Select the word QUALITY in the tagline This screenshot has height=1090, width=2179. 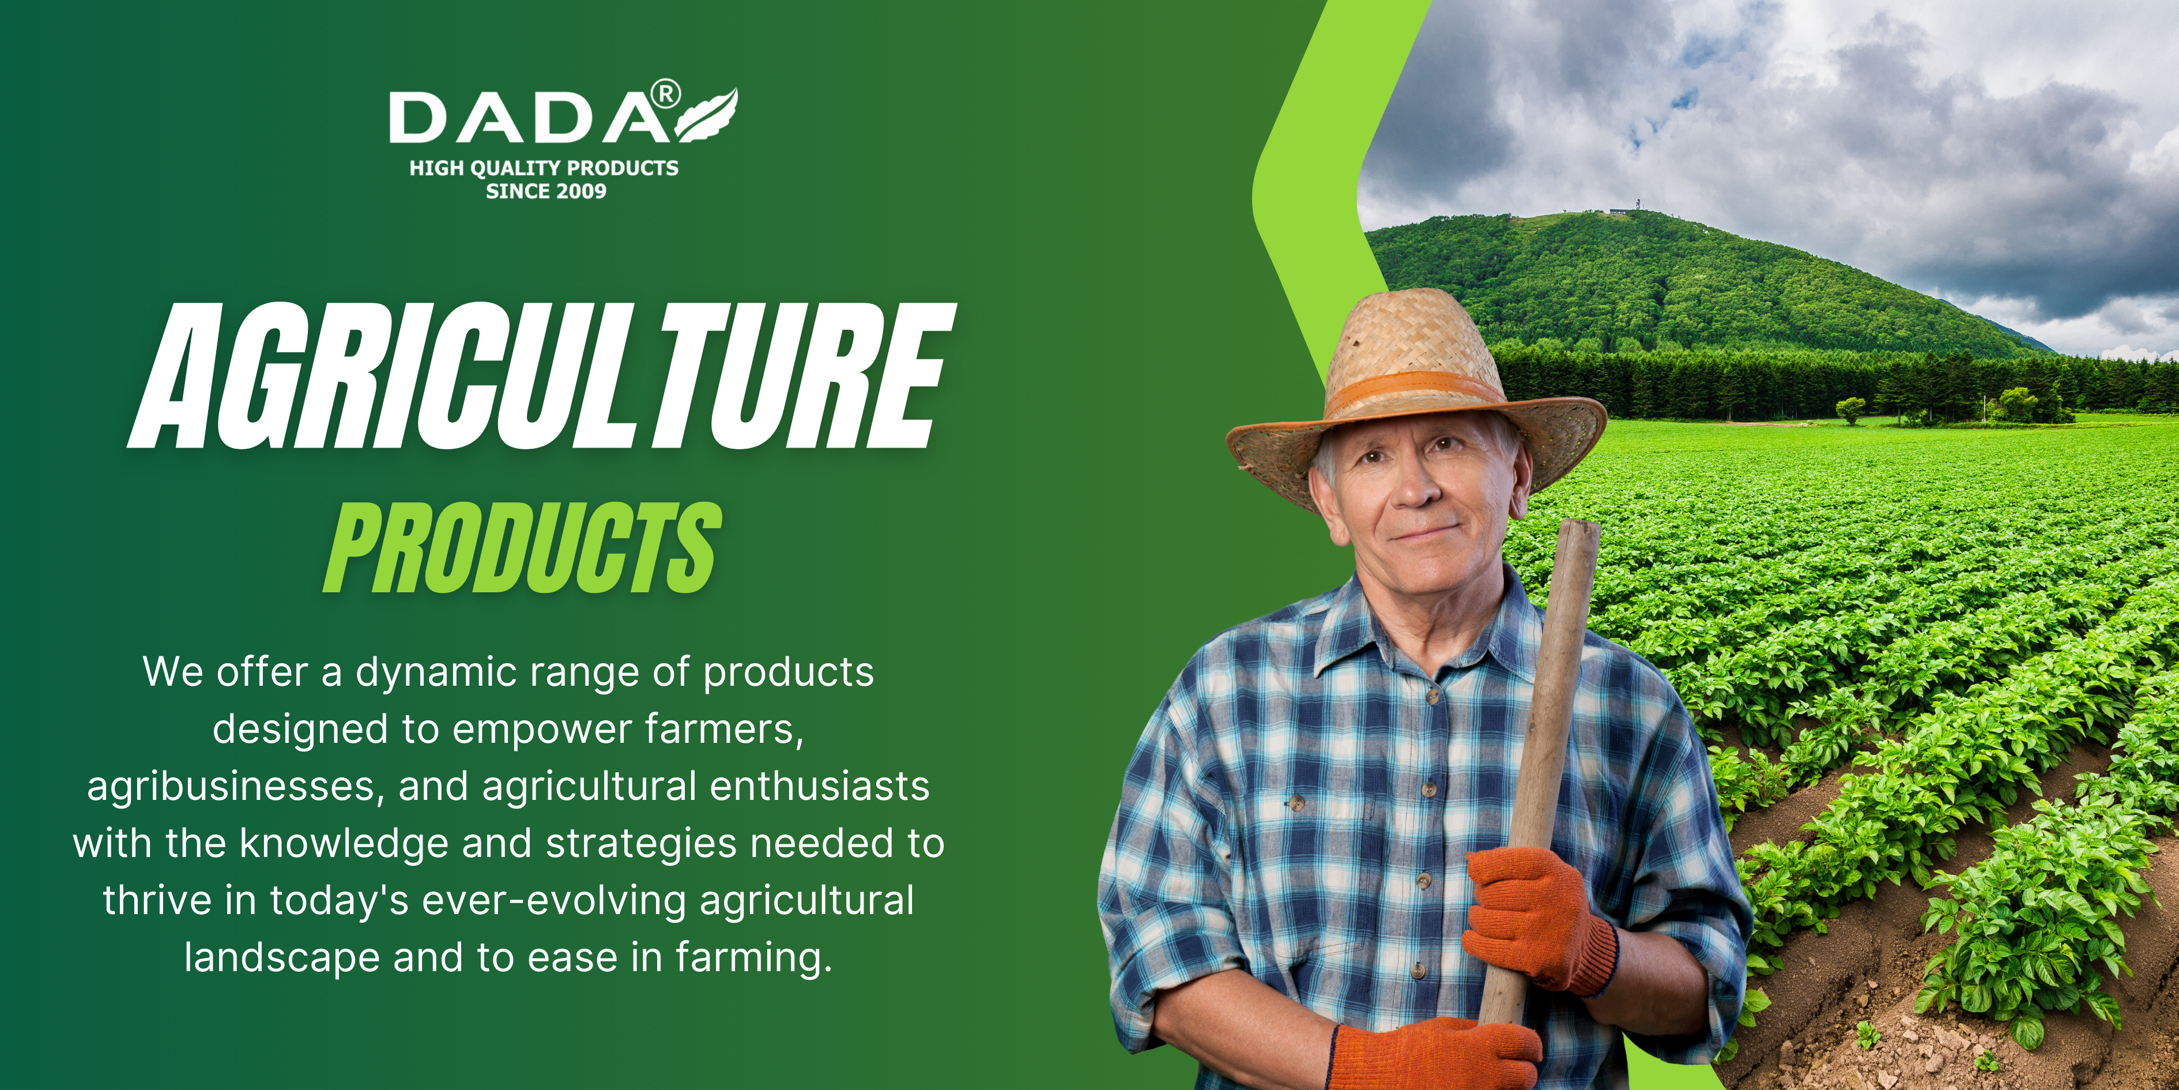point(515,168)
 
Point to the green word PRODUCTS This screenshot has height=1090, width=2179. point(523,547)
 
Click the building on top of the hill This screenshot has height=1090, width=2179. point(1618,211)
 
